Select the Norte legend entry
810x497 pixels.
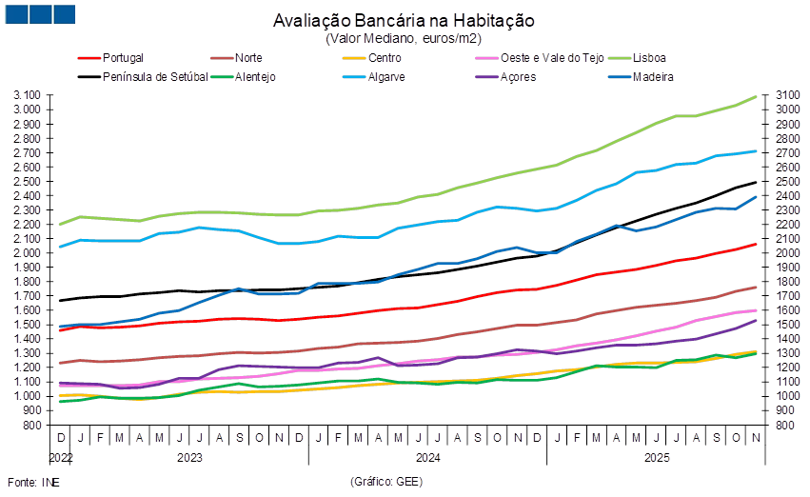tap(250, 57)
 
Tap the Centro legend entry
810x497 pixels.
tap(382, 57)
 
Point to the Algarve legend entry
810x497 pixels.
tap(386, 76)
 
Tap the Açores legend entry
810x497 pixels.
tap(518, 76)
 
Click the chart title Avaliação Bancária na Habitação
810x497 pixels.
tap(404, 21)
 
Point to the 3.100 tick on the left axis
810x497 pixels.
tap(28, 95)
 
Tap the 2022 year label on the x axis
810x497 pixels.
tap(61, 457)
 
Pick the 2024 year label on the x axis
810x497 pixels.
tap(427, 457)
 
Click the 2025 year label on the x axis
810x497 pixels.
tap(658, 457)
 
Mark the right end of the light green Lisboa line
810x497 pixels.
tap(757, 96)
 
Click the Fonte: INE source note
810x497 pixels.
tap(26, 483)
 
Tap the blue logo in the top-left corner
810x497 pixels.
tap(39, 13)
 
